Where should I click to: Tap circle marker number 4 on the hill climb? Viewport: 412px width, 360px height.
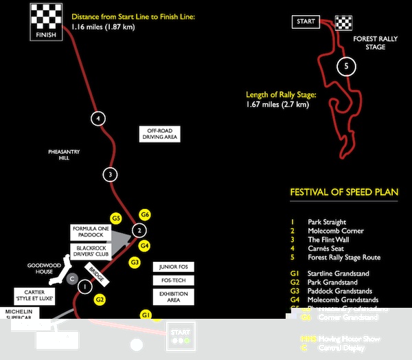99,118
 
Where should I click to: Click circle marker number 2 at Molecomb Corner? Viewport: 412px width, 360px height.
139,229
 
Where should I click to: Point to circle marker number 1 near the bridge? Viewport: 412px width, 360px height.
84,286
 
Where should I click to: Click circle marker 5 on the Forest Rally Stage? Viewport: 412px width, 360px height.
347,67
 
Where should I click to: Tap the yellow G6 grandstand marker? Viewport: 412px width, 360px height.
145,214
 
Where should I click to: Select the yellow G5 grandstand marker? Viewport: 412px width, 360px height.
117,218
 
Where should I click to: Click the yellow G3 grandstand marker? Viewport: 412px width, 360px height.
135,262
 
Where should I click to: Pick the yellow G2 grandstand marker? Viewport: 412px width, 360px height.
100,299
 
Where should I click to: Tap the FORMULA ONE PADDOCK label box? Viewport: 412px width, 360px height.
91,232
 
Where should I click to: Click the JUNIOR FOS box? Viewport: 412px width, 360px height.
173,267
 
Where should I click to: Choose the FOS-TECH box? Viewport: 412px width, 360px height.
173,281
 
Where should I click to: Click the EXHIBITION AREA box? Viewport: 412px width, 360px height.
173,297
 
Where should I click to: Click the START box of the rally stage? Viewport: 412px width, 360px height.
306,22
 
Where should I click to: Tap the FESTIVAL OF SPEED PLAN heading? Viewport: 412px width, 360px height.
344,192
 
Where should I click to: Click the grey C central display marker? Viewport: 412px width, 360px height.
71,278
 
